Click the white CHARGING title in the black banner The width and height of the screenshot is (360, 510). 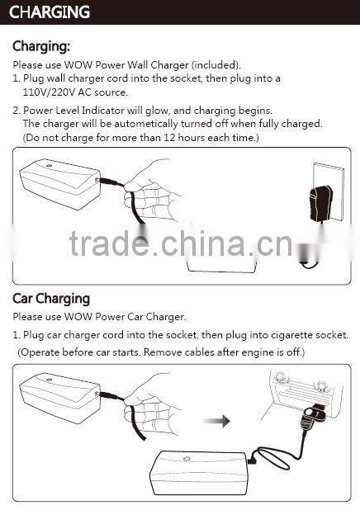50,12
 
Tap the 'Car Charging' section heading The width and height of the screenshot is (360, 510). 51,299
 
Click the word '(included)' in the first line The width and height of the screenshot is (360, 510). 214,64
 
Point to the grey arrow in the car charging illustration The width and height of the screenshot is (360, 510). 216,420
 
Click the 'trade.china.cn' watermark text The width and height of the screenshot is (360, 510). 178,244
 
